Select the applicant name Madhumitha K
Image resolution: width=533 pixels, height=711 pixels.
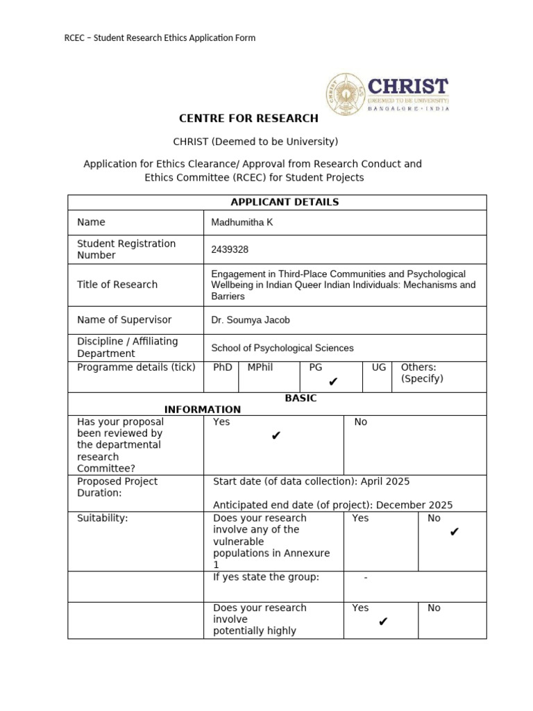tap(237, 222)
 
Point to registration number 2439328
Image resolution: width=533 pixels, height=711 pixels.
tap(230, 249)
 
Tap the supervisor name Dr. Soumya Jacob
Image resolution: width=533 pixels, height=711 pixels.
tap(251, 320)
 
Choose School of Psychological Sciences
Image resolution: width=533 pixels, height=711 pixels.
tap(282, 348)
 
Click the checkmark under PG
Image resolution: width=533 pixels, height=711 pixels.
tap(333, 382)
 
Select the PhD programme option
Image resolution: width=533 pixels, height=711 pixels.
tap(222, 367)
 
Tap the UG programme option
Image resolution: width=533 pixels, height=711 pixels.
tap(378, 367)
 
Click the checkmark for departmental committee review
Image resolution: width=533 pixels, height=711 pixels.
tap(276, 436)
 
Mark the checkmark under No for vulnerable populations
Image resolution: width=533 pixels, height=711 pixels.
tap(455, 533)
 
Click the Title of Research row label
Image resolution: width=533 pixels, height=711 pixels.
tap(117, 284)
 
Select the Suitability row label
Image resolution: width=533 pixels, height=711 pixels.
tap(103, 518)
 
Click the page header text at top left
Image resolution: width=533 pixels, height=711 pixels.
tap(160, 37)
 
